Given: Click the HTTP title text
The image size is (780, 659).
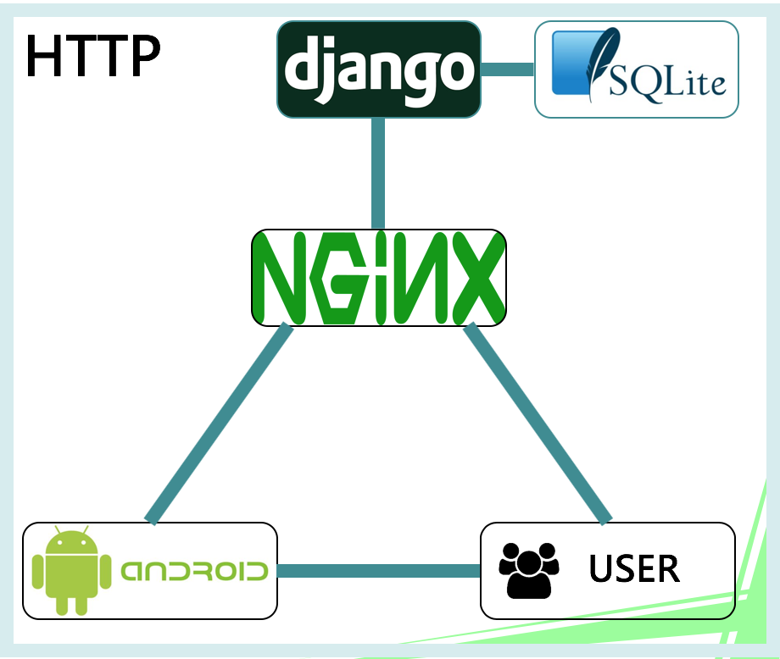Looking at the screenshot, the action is (92, 57).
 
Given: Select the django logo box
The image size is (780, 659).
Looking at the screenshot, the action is (379, 69).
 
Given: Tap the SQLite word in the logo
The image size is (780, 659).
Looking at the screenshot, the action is (666, 82).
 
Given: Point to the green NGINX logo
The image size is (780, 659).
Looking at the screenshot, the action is (379, 277).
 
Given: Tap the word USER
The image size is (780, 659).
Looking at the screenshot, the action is (634, 568).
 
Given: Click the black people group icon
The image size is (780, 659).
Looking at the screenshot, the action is (528, 569).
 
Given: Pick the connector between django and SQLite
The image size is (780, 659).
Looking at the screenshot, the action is (508, 69).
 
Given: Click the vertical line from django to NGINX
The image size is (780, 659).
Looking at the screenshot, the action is (378, 173).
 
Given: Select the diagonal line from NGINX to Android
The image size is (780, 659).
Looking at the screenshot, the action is (219, 424).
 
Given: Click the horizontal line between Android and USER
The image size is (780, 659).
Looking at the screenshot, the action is (378, 571).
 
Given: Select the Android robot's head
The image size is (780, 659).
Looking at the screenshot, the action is (71, 543).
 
